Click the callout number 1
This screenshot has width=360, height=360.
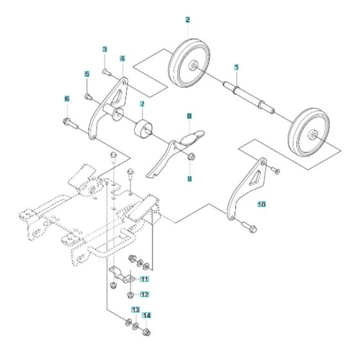(236, 67)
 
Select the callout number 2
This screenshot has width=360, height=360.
(187, 20)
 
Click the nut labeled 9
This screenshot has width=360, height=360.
(192, 157)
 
